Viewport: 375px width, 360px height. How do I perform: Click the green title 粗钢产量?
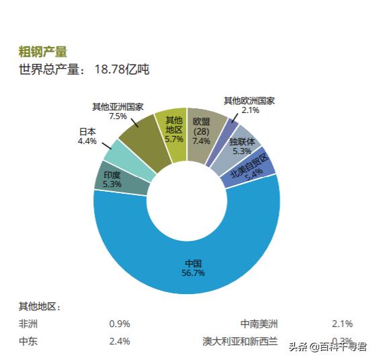tap(43, 52)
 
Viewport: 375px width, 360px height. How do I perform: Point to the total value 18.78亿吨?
tap(122, 69)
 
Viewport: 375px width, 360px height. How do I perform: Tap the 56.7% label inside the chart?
tap(193, 273)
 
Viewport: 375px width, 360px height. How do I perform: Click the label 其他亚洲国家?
tap(118, 106)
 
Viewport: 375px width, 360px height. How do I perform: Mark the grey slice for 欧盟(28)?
tap(202, 131)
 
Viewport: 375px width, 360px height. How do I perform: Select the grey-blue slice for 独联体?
tap(242, 145)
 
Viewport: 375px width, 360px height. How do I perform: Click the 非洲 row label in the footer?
tap(28, 323)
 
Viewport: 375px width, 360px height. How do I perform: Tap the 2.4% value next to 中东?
tap(119, 340)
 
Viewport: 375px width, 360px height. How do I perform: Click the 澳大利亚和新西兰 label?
tap(240, 340)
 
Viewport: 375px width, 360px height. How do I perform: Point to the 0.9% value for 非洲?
tap(119, 323)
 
